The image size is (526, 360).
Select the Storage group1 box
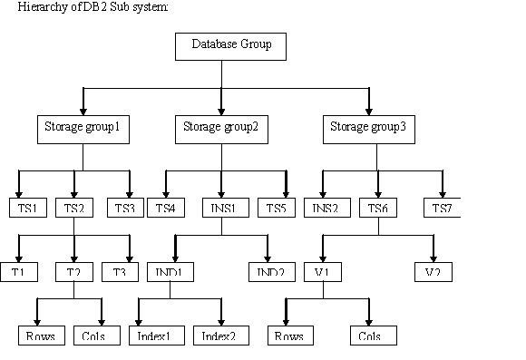click(83, 129)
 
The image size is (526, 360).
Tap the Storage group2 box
click(220, 129)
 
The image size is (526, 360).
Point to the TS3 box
click(124, 208)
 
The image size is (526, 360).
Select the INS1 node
click(224, 208)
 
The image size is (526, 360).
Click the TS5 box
click(276, 208)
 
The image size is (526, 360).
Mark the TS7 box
click(443, 208)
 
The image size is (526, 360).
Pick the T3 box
click(119, 272)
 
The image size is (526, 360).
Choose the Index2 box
click(218, 336)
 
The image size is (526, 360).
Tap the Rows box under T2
click(40, 336)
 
